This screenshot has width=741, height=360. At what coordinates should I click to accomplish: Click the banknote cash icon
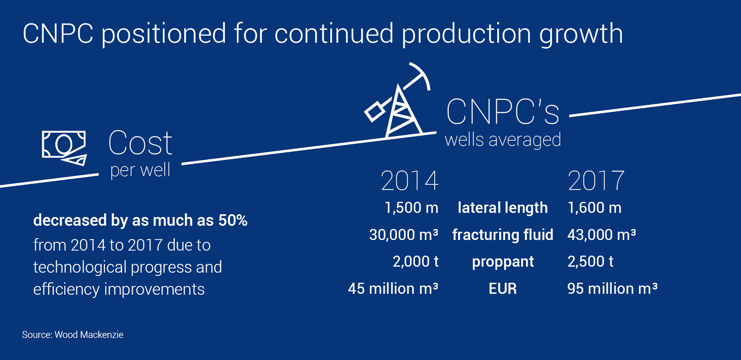[64, 148]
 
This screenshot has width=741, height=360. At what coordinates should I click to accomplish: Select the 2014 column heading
[409, 181]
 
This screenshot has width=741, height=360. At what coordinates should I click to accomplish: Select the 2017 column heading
[596, 181]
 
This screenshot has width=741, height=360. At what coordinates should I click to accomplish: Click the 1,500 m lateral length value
[412, 208]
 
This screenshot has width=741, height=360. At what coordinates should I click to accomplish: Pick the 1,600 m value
[594, 208]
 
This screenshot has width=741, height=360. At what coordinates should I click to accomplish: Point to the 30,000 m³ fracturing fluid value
[404, 234]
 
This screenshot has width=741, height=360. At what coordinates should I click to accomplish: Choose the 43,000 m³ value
[601, 234]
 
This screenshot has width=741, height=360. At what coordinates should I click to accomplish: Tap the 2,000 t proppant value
[415, 262]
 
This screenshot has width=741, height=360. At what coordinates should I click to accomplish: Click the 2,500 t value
[591, 262]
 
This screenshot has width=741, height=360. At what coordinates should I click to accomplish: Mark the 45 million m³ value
[393, 289]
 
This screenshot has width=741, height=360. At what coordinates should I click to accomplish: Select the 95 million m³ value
[612, 289]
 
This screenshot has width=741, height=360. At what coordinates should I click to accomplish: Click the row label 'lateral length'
[503, 208]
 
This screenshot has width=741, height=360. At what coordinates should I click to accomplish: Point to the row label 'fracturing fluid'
[503, 235]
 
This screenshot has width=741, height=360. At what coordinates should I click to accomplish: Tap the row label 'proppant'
[503, 262]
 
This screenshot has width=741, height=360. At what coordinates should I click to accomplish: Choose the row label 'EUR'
[503, 289]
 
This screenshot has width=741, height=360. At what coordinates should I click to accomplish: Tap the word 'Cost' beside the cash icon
[140, 143]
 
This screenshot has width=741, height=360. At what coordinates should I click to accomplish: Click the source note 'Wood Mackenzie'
[89, 335]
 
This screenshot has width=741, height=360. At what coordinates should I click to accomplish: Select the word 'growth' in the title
[581, 34]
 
